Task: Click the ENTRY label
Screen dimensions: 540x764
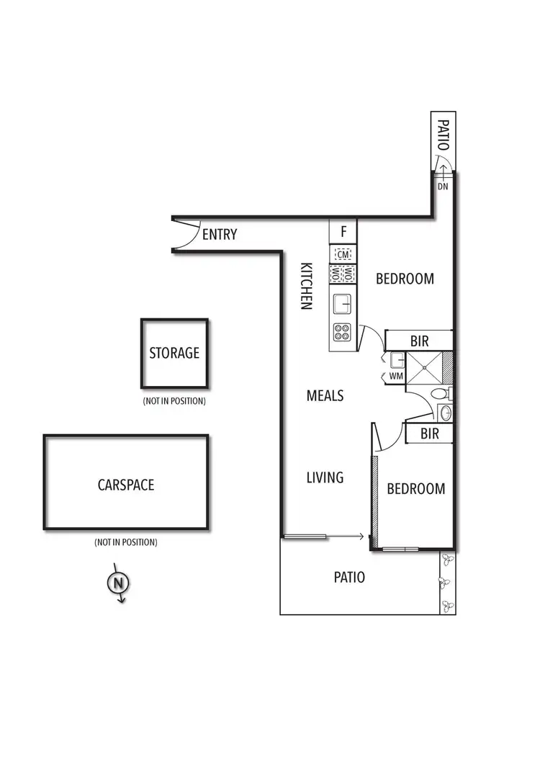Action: tap(220, 234)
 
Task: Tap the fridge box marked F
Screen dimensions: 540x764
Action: tap(343, 232)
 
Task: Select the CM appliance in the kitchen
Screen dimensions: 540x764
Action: tap(343, 254)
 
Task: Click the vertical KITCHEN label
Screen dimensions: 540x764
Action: tap(305, 285)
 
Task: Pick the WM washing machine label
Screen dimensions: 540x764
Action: tap(395, 376)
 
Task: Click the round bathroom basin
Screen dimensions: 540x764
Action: tap(445, 413)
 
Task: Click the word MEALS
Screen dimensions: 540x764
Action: tap(325, 395)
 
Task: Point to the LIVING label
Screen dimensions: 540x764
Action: tap(325, 477)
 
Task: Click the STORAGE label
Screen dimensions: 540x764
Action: tap(174, 353)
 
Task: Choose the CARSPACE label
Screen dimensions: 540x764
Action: tap(126, 485)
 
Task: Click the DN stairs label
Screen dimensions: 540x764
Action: tap(443, 186)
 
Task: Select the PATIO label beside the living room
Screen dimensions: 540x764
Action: tap(349, 578)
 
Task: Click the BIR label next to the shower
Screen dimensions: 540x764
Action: tap(419, 342)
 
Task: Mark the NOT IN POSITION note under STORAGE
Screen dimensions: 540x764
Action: tap(174, 400)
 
